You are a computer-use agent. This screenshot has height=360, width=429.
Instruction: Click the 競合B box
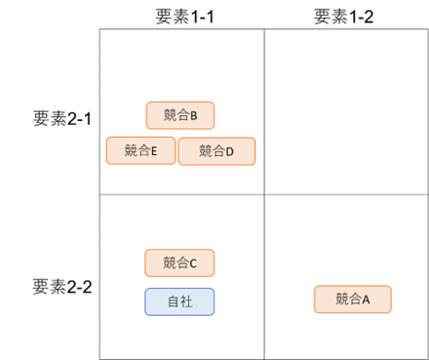click(x=180, y=116)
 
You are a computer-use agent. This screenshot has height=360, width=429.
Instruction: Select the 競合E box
click(x=139, y=151)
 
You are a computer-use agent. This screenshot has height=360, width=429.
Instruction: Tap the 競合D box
click(x=216, y=151)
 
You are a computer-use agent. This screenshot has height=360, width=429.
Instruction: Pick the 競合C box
click(x=179, y=262)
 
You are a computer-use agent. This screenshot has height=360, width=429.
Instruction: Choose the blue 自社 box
click(x=179, y=301)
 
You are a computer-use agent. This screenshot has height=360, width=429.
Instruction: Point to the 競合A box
click(x=352, y=300)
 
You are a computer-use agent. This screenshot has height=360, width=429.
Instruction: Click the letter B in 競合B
click(x=194, y=116)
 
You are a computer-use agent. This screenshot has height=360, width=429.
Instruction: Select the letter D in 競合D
click(x=231, y=151)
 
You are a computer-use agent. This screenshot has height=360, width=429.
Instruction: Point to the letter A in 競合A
click(x=367, y=300)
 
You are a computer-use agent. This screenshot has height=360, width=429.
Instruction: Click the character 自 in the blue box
click(x=173, y=301)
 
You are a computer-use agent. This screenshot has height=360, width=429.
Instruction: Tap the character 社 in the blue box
click(x=186, y=301)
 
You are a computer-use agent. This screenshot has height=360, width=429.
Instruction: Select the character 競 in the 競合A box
click(x=341, y=300)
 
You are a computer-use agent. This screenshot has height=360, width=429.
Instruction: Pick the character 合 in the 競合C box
click(x=181, y=262)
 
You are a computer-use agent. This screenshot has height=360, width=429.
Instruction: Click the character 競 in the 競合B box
click(x=169, y=116)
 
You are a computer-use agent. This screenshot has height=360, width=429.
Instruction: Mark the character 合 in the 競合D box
click(x=218, y=151)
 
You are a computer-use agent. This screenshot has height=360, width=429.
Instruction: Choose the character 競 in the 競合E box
click(x=131, y=151)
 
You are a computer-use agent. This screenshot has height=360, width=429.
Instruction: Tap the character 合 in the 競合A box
click(x=354, y=300)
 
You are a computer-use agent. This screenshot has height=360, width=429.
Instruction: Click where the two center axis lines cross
click(x=264, y=193)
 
